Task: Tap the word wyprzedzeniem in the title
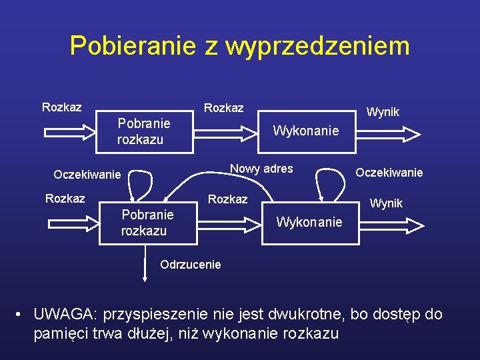(317, 46)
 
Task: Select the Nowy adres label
(261, 169)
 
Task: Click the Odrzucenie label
(190, 265)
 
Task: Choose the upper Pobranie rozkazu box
(145, 131)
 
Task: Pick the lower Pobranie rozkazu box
(148, 223)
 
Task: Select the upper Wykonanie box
(306, 131)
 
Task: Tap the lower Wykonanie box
(309, 222)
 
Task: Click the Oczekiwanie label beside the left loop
(87, 175)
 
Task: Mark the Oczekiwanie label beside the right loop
(389, 173)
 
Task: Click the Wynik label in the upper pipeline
(383, 112)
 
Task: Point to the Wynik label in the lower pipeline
(387, 203)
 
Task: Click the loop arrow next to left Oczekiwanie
(140, 183)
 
